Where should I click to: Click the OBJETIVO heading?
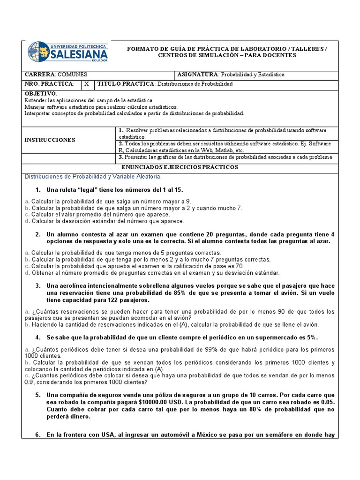(x=40, y=94)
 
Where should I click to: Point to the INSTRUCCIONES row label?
(x=50, y=140)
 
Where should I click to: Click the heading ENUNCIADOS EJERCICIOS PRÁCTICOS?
(x=180, y=167)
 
